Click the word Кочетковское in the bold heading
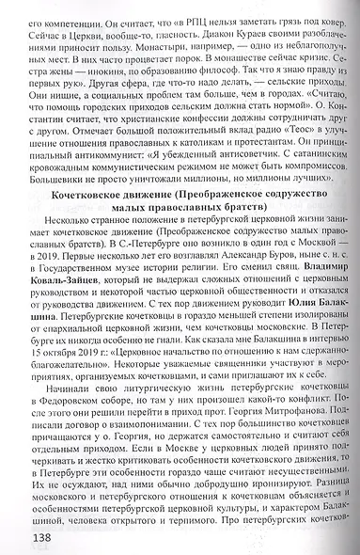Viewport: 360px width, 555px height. point(96,193)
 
